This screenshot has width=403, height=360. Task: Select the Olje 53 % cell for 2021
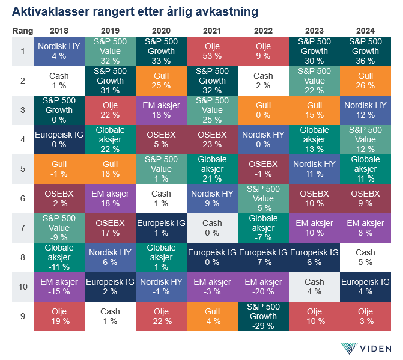(x=212, y=51)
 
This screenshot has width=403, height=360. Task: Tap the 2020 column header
(x=161, y=30)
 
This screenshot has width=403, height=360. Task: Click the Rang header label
(x=22, y=30)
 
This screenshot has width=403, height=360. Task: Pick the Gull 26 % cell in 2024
(x=365, y=81)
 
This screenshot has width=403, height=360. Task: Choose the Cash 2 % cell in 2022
(x=263, y=81)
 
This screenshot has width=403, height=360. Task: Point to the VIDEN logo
(x=366, y=348)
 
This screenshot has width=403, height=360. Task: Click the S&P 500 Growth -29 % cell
(x=263, y=316)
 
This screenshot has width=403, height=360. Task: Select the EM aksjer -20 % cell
(x=263, y=287)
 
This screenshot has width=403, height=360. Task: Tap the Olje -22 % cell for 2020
(x=161, y=316)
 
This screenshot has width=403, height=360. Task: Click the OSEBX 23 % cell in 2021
(x=212, y=139)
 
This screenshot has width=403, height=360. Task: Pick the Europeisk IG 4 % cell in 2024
(x=365, y=287)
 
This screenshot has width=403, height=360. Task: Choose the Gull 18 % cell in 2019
(x=110, y=169)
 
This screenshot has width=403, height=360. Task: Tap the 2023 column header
(x=314, y=30)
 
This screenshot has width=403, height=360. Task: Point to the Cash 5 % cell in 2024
(x=365, y=257)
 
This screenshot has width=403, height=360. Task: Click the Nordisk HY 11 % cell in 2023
(x=314, y=169)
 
